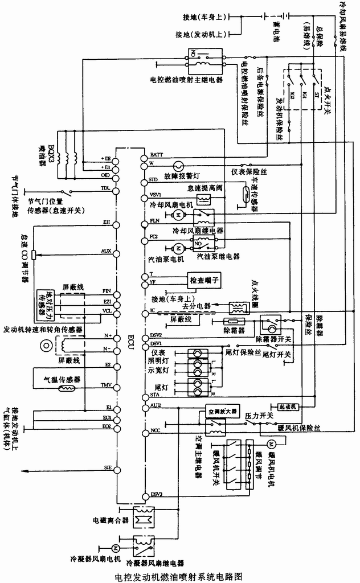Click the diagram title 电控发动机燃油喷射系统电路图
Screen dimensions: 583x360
click(x=179, y=575)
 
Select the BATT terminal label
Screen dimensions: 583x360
click(x=156, y=155)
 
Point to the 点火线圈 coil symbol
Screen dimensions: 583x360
click(x=236, y=307)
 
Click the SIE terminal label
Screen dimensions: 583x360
click(x=107, y=467)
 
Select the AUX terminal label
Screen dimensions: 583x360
click(x=106, y=251)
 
